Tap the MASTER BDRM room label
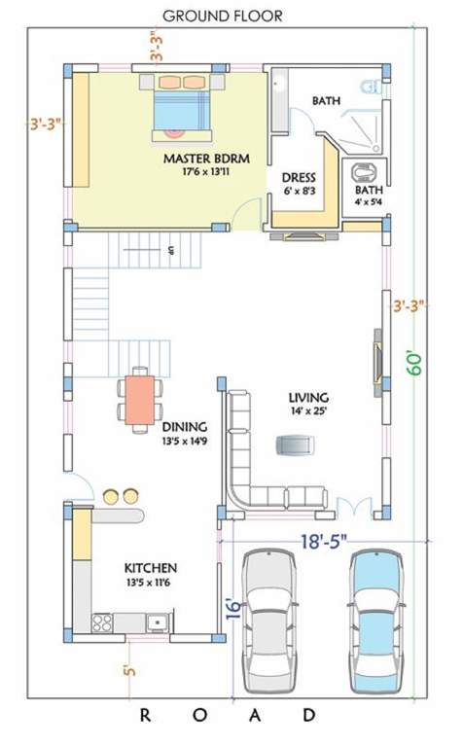point(203,159)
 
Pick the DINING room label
point(184,426)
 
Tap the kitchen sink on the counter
point(157,621)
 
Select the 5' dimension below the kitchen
point(126,671)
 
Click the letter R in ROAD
point(145,715)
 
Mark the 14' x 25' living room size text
point(307,411)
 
